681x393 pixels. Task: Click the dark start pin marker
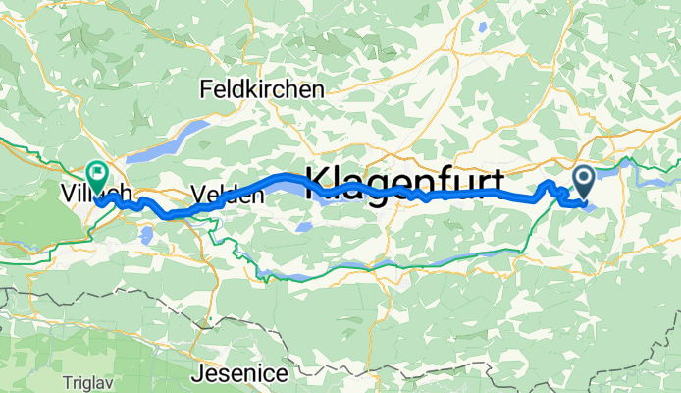point(583,180)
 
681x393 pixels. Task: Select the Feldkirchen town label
point(261,89)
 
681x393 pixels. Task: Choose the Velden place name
point(229,196)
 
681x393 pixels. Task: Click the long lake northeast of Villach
point(175,141)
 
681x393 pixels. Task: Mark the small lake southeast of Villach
point(146,234)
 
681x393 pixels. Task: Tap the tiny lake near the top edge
point(483,28)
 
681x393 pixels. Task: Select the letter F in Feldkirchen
point(204,89)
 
